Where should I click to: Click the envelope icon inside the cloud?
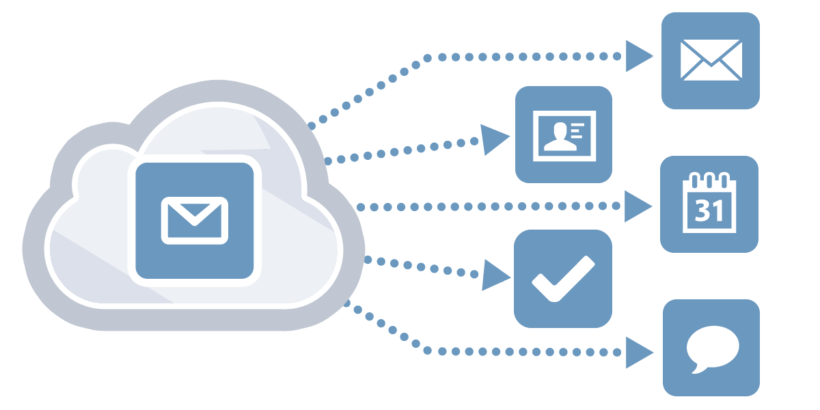[194, 220]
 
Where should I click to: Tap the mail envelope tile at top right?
[711, 61]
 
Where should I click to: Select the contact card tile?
[564, 135]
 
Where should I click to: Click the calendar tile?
[709, 204]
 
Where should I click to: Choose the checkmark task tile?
[563, 279]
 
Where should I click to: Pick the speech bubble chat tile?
[711, 348]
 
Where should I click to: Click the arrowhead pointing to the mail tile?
[639, 56]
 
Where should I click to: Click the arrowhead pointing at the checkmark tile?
[495, 275]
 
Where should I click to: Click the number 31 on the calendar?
[709, 210]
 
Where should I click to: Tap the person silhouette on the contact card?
[560, 137]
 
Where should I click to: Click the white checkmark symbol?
[563, 279]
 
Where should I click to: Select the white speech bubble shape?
[712, 348]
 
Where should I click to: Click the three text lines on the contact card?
[577, 131]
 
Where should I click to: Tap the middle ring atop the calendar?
[709, 180]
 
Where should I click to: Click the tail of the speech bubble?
[698, 368]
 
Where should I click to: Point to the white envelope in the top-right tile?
[711, 60]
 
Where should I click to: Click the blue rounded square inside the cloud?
[194, 220]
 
